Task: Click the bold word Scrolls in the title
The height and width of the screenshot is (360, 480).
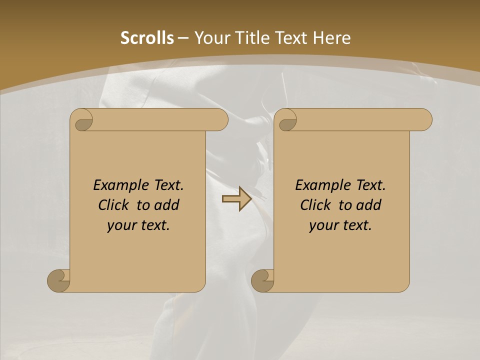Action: pyautogui.click(x=147, y=38)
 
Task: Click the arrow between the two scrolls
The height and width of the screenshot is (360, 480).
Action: pyautogui.click(x=236, y=199)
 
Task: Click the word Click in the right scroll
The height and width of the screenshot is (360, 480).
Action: pyautogui.click(x=315, y=205)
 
